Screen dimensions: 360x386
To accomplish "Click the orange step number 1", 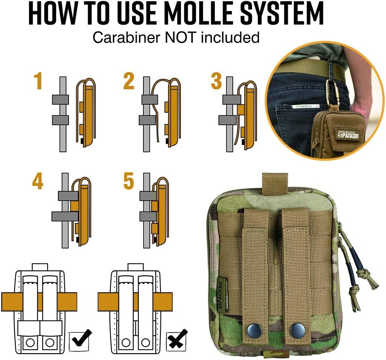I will (x=39, y=81).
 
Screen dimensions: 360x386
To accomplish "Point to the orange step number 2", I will (x=129, y=81).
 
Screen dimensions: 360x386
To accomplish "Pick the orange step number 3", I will (x=216, y=81).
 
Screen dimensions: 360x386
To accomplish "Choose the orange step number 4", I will (x=38, y=182).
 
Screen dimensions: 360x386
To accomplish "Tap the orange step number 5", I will (x=129, y=182).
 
